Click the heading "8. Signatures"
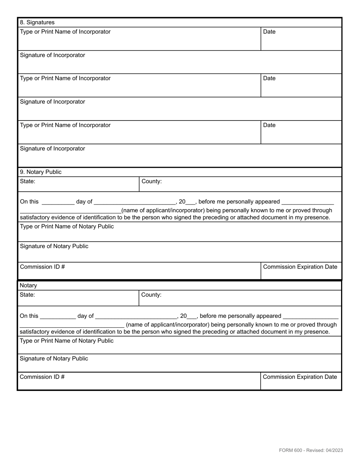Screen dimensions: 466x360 (37, 22)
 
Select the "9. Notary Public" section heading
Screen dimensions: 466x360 (41, 172)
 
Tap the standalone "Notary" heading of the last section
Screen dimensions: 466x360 (28, 285)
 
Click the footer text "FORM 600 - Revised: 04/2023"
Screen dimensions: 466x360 (311, 450)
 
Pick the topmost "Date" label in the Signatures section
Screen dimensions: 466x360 (269, 32)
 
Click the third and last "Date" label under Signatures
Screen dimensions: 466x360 (269, 125)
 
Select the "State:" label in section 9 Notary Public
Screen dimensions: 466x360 (28, 181)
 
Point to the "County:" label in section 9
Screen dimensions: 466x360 (152, 181)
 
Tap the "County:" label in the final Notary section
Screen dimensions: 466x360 (151, 295)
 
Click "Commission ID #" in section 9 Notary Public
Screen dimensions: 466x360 (42, 267)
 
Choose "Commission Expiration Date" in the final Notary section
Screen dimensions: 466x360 (300, 377)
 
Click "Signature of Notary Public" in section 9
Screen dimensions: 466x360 (54, 246)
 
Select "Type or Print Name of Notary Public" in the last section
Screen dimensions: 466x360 (66, 341)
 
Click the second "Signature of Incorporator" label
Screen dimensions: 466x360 (52, 102)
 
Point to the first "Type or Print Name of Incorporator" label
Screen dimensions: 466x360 (65, 32)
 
